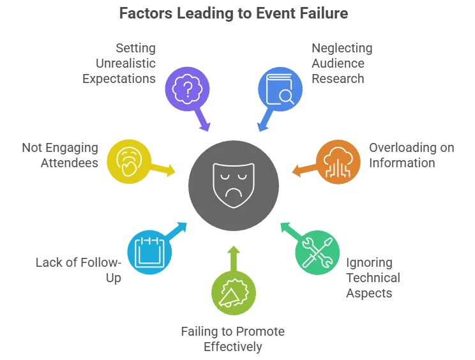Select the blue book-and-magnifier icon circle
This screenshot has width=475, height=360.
(x=279, y=89)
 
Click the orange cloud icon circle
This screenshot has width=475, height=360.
(x=338, y=162)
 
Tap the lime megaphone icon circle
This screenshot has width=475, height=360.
(x=234, y=293)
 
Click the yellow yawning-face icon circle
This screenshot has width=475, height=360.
(x=128, y=162)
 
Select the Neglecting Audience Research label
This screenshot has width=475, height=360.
(x=342, y=64)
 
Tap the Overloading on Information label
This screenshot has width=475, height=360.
(x=411, y=155)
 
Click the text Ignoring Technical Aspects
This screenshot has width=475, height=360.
(x=373, y=278)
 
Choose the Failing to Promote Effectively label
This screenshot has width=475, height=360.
(x=232, y=339)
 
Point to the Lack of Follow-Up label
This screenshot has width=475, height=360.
(x=78, y=270)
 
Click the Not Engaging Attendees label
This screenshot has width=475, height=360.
(x=61, y=155)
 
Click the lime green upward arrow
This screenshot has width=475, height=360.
(x=234, y=259)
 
